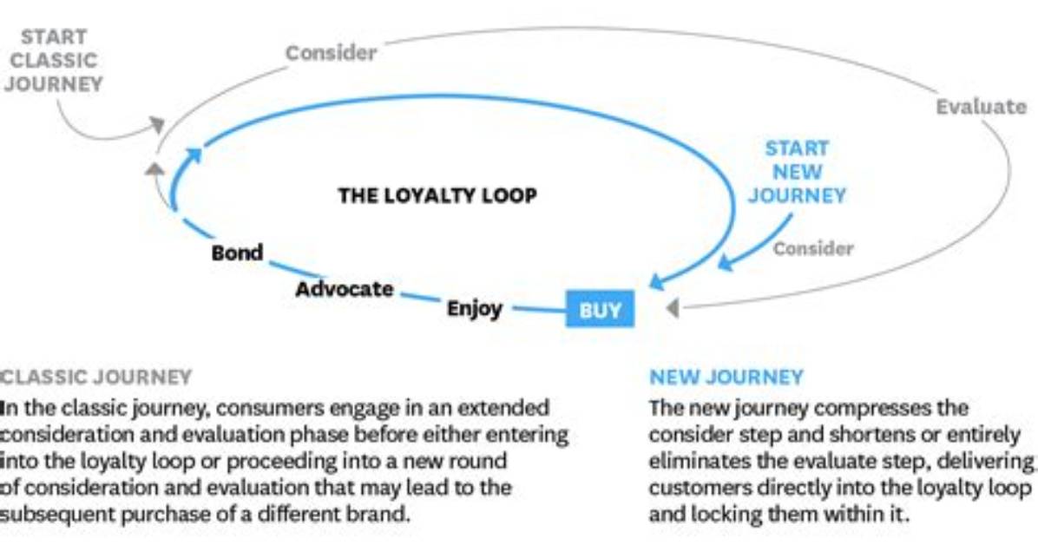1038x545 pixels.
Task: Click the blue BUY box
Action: coord(600,309)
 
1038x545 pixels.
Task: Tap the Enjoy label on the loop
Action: coord(475,309)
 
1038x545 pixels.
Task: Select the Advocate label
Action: coord(345,289)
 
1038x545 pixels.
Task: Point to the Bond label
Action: coord(237,253)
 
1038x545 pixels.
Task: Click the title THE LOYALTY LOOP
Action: coord(437,195)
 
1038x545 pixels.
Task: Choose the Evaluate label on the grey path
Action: coord(981,107)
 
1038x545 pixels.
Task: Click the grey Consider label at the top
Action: coord(331,53)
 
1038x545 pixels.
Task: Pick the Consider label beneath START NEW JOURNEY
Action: coord(813,248)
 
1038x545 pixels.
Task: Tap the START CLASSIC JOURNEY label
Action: coord(54,60)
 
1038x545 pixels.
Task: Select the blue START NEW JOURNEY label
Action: coord(797,172)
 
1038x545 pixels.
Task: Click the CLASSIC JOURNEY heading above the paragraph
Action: coord(95,378)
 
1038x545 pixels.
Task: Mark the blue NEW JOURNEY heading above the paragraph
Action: coord(726,378)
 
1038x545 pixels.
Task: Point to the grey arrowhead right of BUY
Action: coord(672,308)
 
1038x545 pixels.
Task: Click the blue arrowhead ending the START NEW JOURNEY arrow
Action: coord(726,263)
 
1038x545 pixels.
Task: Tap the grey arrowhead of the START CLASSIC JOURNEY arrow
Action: coord(157,124)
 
